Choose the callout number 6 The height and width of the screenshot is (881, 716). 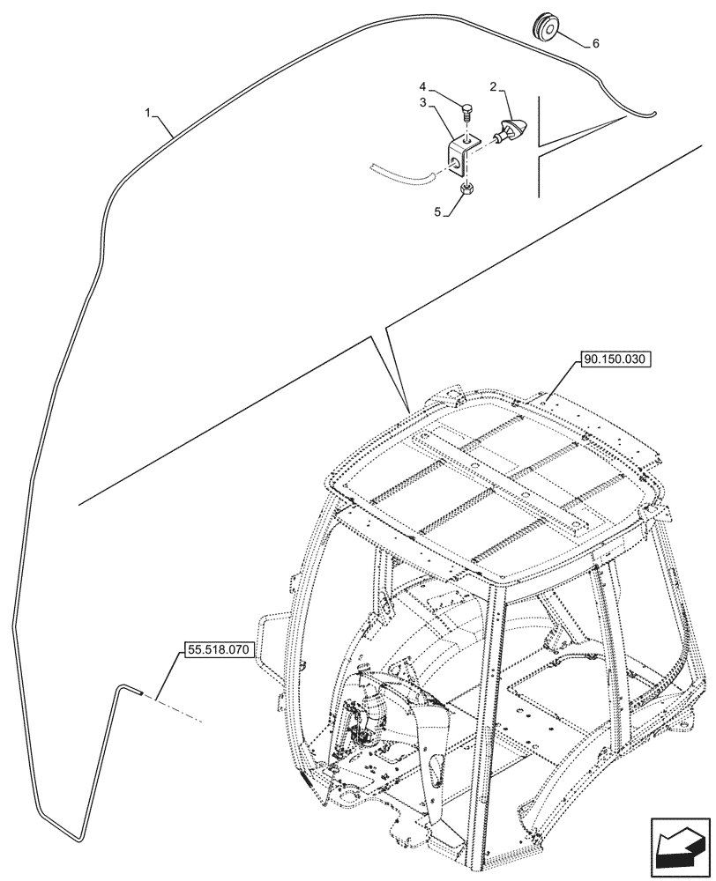pos(596,43)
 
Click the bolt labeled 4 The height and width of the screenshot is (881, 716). pos(467,113)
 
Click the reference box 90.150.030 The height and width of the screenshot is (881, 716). pos(614,360)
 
